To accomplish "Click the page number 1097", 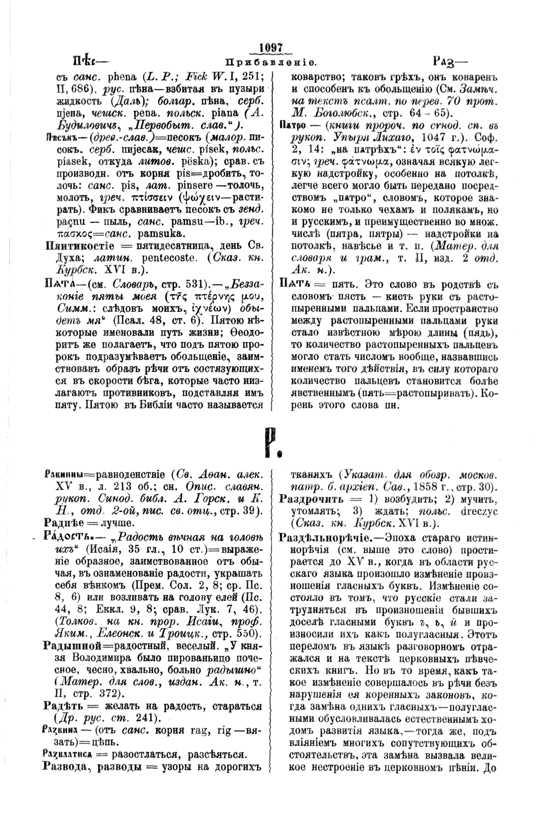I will pos(269,49).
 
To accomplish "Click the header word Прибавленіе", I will pos(269,62).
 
